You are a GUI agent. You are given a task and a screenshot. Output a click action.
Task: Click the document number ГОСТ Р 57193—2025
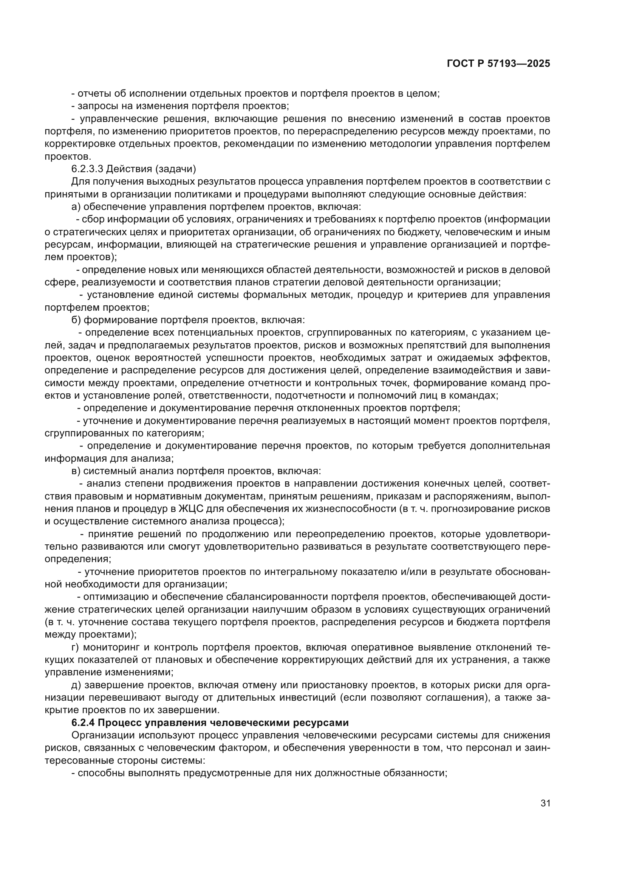click(498, 64)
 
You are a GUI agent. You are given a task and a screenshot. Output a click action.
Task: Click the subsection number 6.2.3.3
click(87, 169)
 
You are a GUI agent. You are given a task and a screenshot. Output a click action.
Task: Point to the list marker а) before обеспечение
click(76, 207)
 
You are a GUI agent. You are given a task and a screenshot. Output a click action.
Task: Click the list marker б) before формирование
click(76, 320)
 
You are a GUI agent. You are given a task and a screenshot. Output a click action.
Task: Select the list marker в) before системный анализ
click(76, 471)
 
